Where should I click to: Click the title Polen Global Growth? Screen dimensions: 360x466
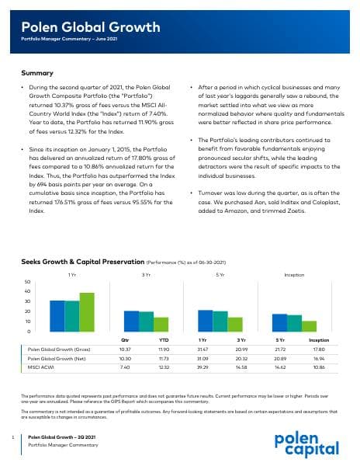tap(91, 28)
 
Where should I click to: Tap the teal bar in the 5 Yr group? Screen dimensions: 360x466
tap(220, 321)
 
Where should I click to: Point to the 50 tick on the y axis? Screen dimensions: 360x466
tap(28, 281)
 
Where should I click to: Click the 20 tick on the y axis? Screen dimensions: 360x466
tap(28, 311)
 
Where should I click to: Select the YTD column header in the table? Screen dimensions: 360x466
tap(164, 339)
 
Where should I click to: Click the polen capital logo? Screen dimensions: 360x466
tap(306, 443)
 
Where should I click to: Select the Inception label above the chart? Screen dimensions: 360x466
tap(294, 274)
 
